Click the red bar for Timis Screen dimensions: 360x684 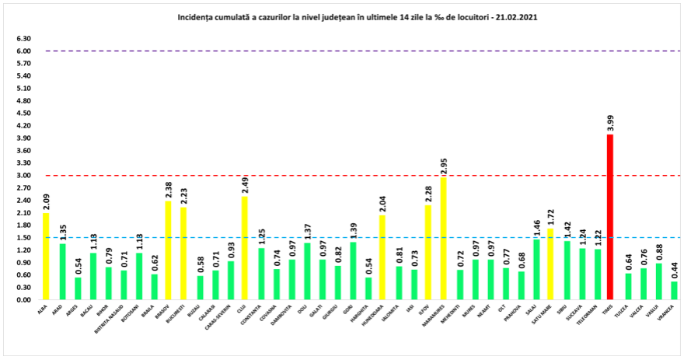tap(610, 217)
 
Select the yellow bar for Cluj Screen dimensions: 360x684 tap(246, 248)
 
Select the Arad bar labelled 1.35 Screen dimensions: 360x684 tap(63, 272)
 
